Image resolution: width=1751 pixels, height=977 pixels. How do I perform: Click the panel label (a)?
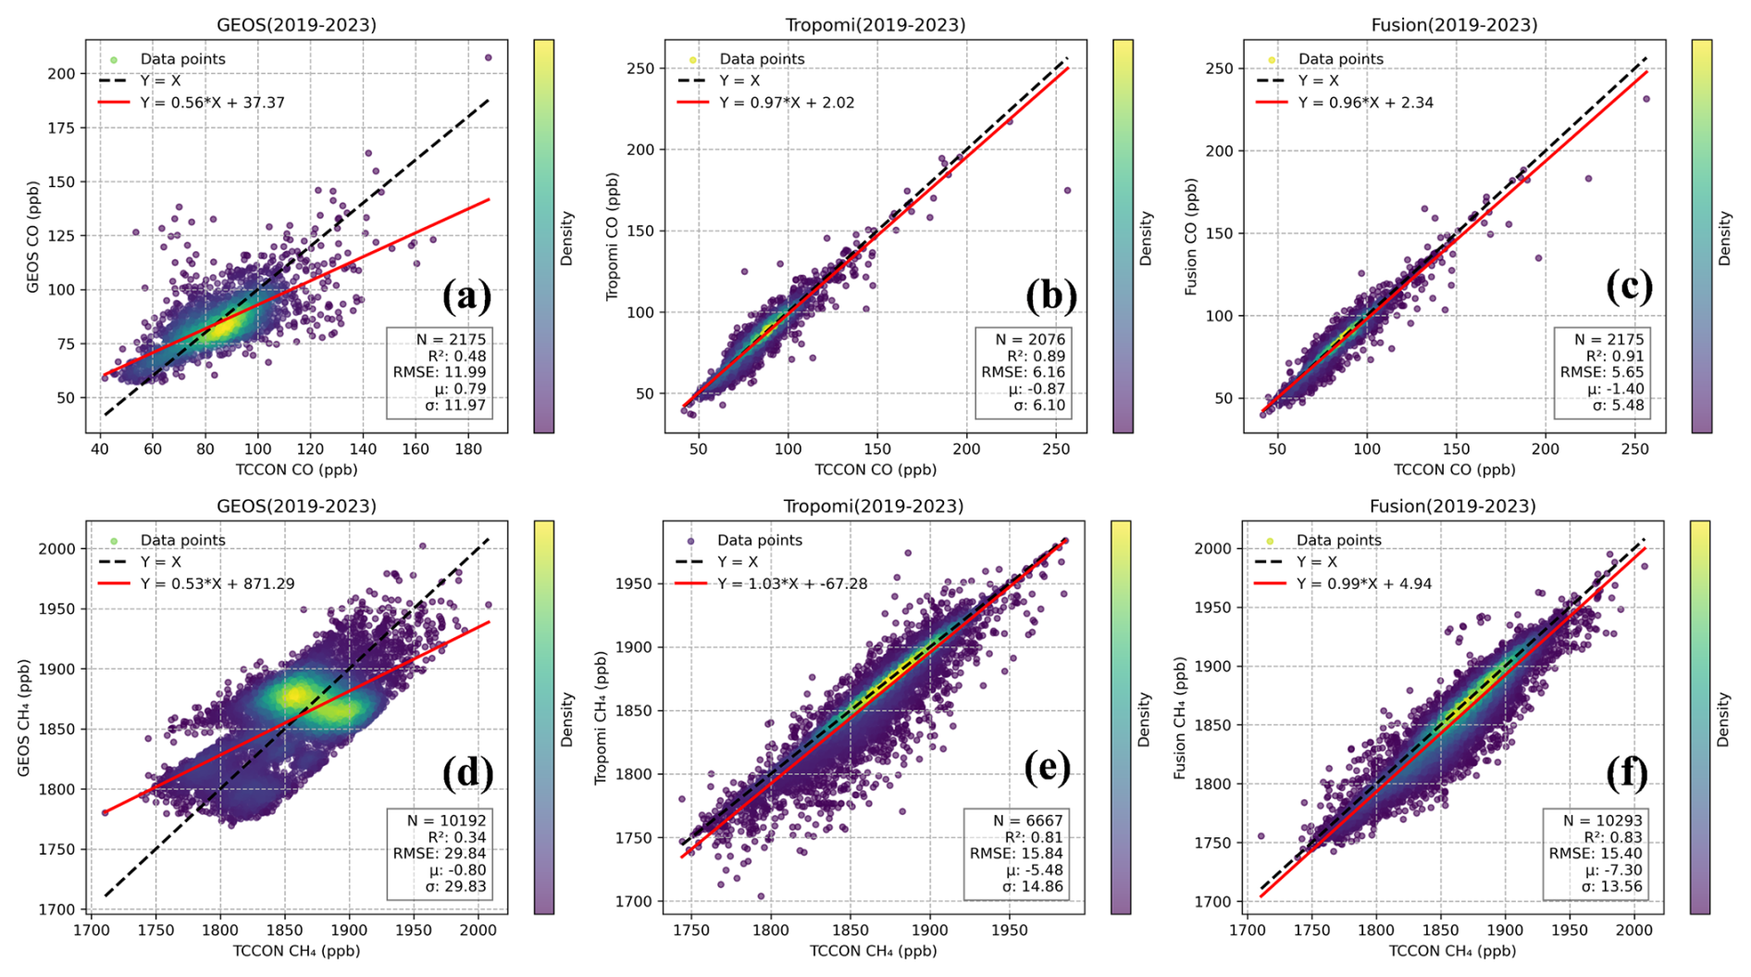[467, 295]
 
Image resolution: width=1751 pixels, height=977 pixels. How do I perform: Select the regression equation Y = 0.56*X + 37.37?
[213, 103]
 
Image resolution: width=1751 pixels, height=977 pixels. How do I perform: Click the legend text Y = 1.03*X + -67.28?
[792, 584]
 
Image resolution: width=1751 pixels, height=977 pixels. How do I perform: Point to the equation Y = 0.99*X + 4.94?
[1364, 584]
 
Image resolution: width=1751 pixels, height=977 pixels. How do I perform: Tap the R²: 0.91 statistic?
[1615, 356]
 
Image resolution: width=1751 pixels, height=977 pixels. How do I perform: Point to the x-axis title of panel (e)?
[873, 951]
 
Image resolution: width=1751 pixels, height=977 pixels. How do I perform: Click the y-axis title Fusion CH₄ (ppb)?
[1180, 718]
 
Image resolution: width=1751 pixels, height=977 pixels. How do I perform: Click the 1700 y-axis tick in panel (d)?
[57, 909]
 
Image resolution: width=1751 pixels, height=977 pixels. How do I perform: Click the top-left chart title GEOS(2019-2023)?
[296, 25]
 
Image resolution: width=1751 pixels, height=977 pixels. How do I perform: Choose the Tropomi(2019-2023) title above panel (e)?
[874, 507]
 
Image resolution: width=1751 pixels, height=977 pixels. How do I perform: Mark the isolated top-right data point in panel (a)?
[489, 57]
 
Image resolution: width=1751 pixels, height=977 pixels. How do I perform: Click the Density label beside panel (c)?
[1724, 238]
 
